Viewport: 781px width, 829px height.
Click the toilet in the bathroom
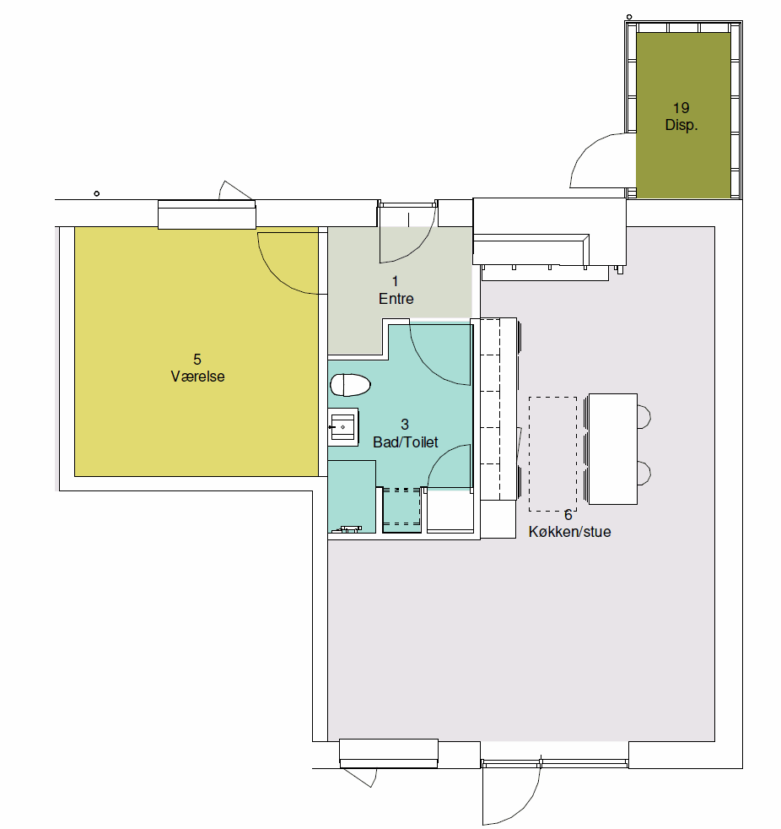pyautogui.click(x=350, y=385)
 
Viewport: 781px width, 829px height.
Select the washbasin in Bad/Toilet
pyautogui.click(x=343, y=427)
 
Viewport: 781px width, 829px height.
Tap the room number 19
pyautogui.click(x=681, y=108)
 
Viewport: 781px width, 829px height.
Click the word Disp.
pyautogui.click(x=681, y=125)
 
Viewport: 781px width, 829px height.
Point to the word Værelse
pyautogui.click(x=197, y=377)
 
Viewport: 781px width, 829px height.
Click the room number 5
pyautogui.click(x=197, y=360)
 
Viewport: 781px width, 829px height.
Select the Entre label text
pyautogui.click(x=396, y=299)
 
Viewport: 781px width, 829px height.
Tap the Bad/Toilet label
pyautogui.click(x=406, y=442)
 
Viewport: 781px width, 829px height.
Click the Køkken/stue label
pyautogui.click(x=570, y=532)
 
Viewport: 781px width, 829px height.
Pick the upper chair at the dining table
pyautogui.click(x=644, y=417)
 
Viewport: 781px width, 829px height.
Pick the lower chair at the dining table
pyautogui.click(x=644, y=473)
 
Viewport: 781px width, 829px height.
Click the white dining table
pyautogui.click(x=613, y=449)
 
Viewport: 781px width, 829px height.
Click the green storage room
pyautogui.click(x=683, y=116)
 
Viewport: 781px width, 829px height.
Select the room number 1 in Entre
pyautogui.click(x=395, y=281)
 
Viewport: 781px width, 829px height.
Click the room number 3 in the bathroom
pyautogui.click(x=405, y=425)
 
